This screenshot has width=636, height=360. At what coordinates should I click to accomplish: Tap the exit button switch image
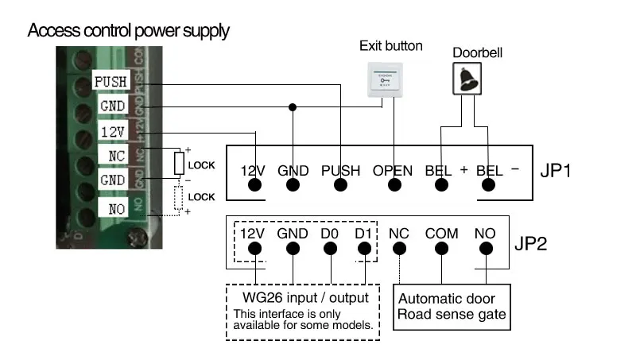(385, 79)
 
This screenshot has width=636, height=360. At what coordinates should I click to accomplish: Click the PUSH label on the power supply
(109, 82)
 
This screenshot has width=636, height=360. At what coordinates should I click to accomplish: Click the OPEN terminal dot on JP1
(394, 185)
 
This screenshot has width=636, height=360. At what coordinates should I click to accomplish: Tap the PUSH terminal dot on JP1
(341, 185)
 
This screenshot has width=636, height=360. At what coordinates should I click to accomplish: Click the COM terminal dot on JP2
(441, 248)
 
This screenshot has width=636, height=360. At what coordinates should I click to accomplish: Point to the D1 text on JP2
(364, 233)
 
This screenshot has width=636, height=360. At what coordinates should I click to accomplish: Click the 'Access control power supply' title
(129, 32)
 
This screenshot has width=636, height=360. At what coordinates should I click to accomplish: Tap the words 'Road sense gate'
(451, 315)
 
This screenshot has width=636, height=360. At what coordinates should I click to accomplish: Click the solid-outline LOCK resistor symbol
(180, 165)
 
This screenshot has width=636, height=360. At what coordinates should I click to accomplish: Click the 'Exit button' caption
(391, 46)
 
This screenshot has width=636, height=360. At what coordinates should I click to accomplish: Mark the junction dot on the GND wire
(293, 106)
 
